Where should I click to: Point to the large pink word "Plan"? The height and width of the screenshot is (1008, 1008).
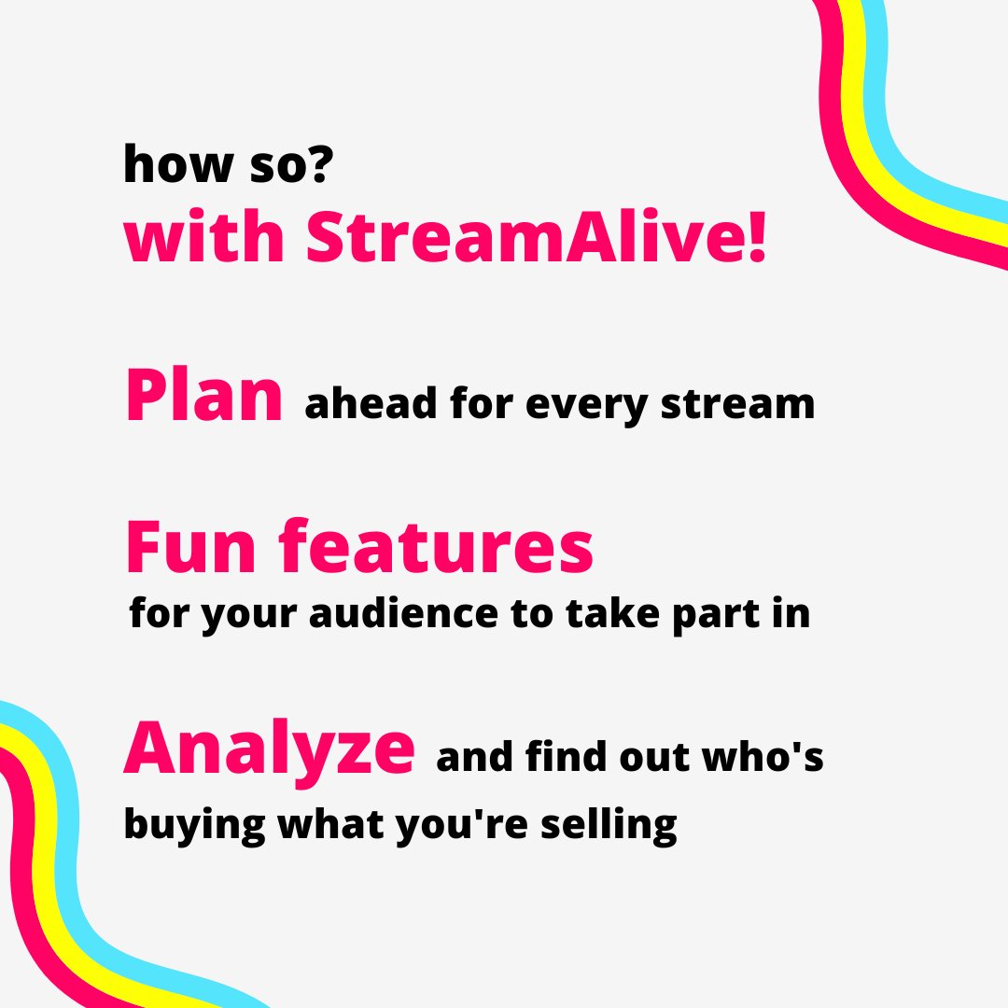coord(203,397)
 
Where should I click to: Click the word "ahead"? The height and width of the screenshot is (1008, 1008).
coord(371,404)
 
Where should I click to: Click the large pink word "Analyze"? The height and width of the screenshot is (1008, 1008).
coord(269,749)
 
